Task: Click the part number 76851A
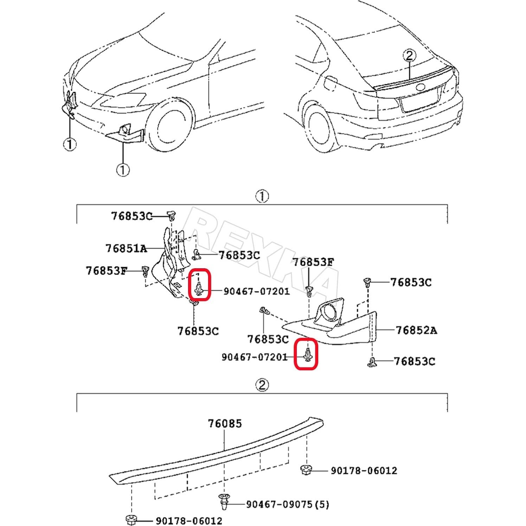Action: click(126, 249)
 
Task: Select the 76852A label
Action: click(416, 330)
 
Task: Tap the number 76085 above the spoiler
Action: click(225, 423)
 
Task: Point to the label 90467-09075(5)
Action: click(287, 505)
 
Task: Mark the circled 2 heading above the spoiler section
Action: click(262, 385)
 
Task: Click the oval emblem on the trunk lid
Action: click(420, 88)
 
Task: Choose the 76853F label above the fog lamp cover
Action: click(313, 262)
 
